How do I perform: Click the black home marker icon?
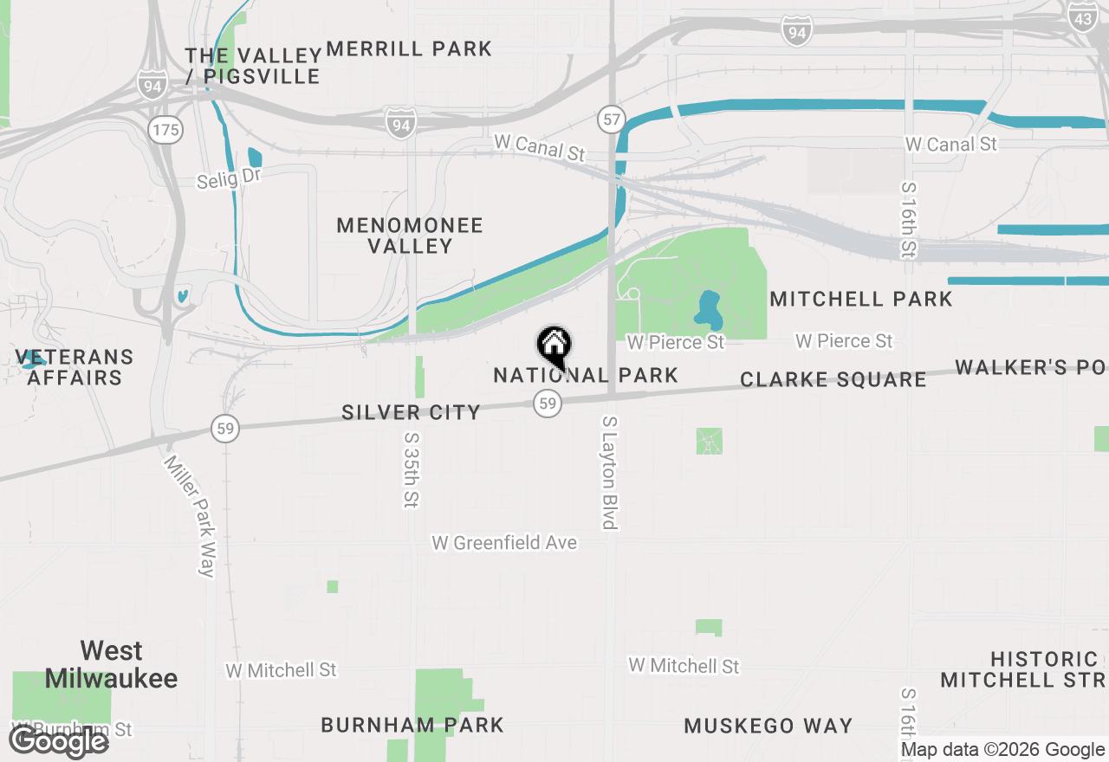(x=554, y=346)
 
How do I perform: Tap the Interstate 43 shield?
(x=1082, y=16)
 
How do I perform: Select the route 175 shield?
(x=165, y=130)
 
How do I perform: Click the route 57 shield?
(x=612, y=119)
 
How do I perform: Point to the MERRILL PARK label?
(x=409, y=49)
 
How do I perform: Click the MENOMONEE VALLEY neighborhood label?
(x=409, y=236)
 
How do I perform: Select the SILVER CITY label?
(x=411, y=413)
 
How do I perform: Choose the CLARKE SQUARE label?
(x=833, y=380)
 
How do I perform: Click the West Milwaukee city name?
(x=111, y=664)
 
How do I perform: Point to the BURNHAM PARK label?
(x=412, y=725)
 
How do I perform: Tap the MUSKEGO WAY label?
(x=769, y=726)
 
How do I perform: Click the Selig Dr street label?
(x=229, y=178)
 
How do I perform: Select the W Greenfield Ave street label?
(x=504, y=543)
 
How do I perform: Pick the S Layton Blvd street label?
(x=610, y=472)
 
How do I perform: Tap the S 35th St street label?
(x=411, y=470)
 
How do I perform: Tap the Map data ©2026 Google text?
(x=1002, y=750)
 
